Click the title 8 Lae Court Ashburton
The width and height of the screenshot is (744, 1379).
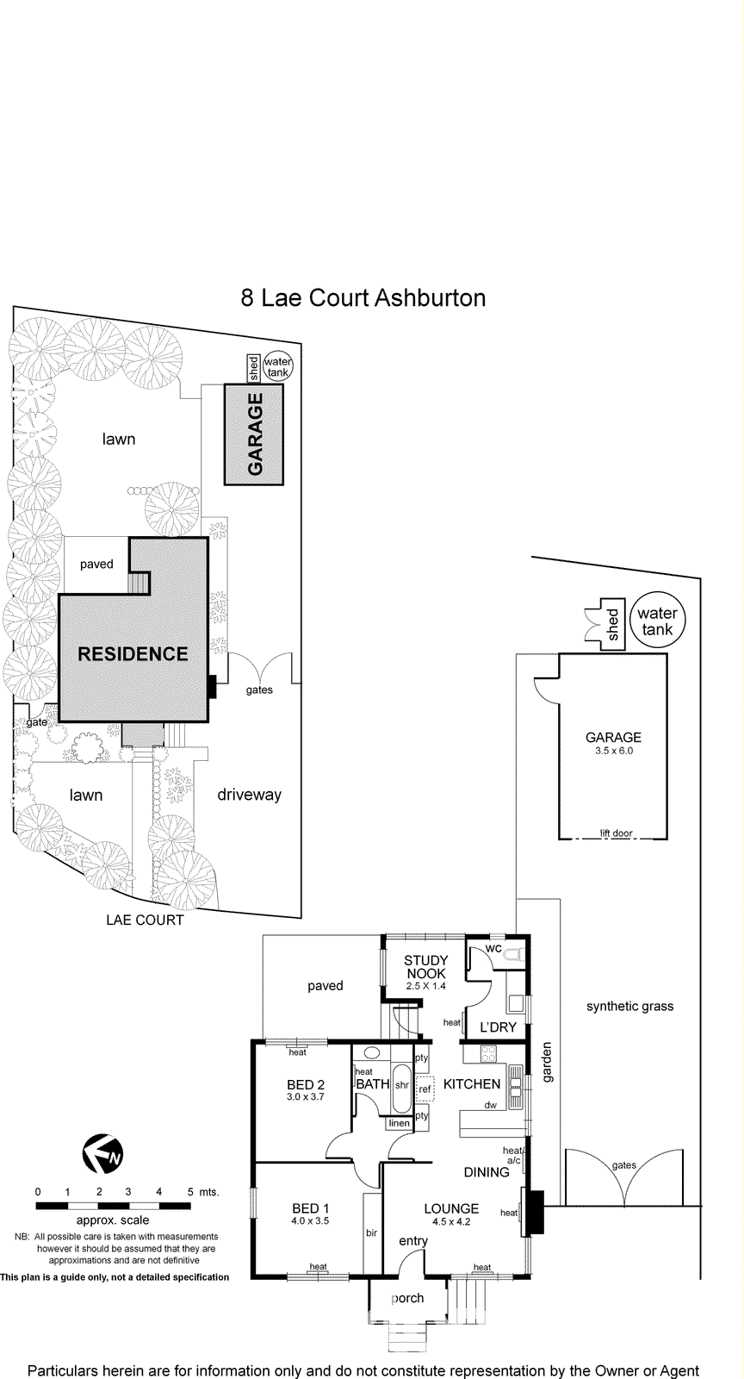point(363,298)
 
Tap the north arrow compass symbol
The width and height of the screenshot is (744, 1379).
point(102,1154)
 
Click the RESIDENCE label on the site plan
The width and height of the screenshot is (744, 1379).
point(133,654)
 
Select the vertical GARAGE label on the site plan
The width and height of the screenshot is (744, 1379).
point(255,434)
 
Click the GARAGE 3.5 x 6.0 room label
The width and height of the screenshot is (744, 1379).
point(613,743)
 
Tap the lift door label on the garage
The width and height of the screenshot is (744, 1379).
point(617,833)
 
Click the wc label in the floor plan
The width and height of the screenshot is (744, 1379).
point(493,948)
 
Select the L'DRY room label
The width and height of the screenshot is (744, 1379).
point(498,1027)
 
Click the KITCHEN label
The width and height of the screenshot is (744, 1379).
point(472,1084)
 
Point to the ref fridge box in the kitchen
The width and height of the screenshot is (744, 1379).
point(425,1089)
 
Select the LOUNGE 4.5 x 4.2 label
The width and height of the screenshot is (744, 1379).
point(451,1214)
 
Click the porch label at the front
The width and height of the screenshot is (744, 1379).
point(407,1298)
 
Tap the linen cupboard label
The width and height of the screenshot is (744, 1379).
point(400,1123)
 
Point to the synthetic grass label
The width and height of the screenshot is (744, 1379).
point(629,1006)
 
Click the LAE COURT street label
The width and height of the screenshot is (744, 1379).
point(145,920)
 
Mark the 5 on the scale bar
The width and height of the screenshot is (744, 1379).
point(190,1192)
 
